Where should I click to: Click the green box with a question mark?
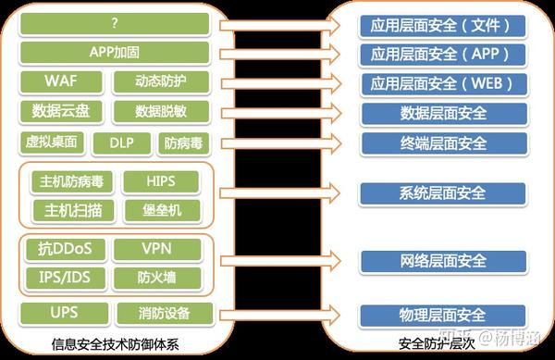click(x=115, y=22)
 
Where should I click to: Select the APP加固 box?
click(x=115, y=51)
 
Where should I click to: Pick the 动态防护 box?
click(x=162, y=81)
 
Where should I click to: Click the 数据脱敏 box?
click(x=162, y=112)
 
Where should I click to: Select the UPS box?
click(x=63, y=313)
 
